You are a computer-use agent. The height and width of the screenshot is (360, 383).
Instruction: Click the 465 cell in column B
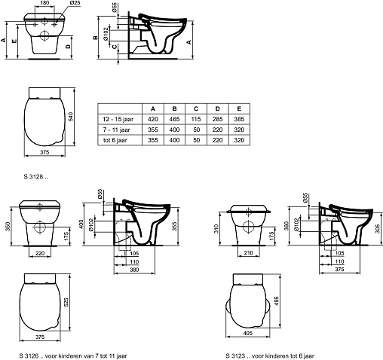[174, 119]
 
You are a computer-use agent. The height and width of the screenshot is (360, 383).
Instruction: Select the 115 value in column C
[196, 119]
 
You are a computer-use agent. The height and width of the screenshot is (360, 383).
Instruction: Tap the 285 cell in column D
[218, 119]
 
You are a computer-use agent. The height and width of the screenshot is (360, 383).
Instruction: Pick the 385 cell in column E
[239, 119]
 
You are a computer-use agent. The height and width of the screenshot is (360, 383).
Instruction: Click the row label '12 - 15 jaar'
[118, 119]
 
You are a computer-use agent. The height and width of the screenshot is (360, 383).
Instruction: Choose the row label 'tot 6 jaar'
[115, 140]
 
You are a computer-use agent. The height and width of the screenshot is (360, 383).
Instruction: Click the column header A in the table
[153, 108]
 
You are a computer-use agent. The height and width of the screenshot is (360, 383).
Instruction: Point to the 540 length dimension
[71, 117]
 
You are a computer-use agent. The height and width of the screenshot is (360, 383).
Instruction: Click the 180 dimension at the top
[44, 3]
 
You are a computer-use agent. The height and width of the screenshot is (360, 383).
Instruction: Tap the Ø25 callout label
[75, 3]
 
